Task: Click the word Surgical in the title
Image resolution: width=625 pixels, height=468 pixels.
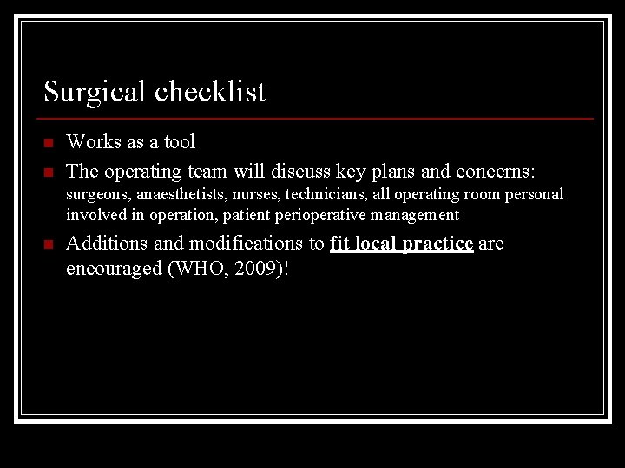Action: coord(95,91)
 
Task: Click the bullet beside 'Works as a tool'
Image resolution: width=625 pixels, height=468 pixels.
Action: coord(49,142)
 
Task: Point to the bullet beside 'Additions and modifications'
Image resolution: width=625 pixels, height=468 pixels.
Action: coord(49,244)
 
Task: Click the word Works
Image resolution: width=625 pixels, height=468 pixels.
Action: coord(93,141)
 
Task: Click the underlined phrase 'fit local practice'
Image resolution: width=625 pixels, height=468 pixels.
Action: coord(401,244)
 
